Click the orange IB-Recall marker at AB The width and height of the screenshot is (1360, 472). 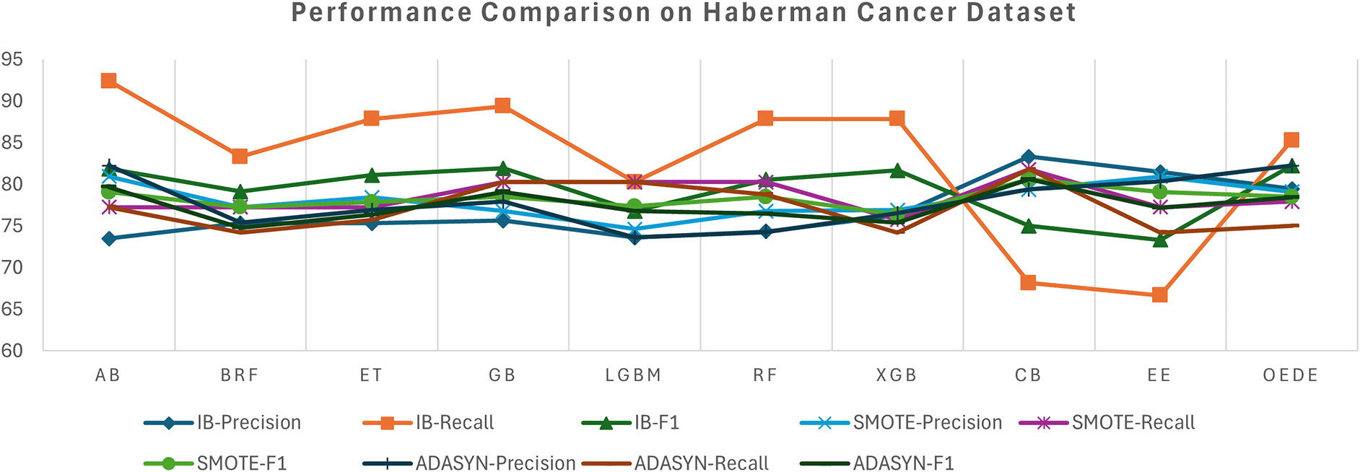(x=109, y=80)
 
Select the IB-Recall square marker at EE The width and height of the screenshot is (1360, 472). (x=1159, y=294)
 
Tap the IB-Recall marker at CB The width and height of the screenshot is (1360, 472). (x=1028, y=282)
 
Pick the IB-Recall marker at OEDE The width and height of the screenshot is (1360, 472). (x=1291, y=139)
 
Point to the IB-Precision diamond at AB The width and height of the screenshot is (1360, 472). (x=109, y=238)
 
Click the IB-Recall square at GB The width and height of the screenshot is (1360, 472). (x=502, y=106)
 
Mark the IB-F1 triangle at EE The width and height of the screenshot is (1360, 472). (x=1159, y=240)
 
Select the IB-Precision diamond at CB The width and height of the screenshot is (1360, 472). (x=1028, y=157)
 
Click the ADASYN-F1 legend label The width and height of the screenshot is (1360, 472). (x=903, y=463)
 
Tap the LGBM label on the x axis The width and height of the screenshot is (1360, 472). (x=633, y=375)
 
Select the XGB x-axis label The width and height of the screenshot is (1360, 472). (x=896, y=375)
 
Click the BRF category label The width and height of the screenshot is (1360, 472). (x=240, y=375)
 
